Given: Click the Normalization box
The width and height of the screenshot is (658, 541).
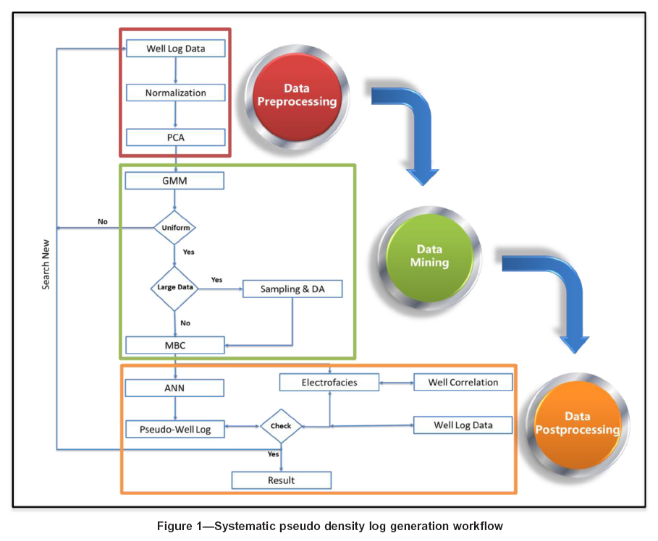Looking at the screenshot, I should (175, 93).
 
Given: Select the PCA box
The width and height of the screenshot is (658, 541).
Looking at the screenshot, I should (175, 137).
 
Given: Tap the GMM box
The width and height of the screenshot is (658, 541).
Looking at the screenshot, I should (175, 180).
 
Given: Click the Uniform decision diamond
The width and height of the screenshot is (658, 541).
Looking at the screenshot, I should (174, 227).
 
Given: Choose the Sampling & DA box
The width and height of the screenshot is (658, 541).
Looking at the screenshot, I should (291, 289).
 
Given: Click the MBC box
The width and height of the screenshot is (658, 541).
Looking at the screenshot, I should (175, 345).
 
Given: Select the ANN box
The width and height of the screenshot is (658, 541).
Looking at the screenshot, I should (175, 388).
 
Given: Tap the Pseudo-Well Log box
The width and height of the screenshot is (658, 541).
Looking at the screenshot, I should (175, 429).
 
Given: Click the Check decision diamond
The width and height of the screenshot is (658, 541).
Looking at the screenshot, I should (281, 426).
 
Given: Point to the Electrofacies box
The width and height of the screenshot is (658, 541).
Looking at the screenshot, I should (329, 382).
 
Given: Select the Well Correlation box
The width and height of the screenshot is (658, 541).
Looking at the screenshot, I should (463, 382).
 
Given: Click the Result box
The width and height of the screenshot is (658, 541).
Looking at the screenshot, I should (281, 480).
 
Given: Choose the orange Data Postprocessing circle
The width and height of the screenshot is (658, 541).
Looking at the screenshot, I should (577, 423).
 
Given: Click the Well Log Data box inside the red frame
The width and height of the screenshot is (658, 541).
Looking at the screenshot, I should (175, 48).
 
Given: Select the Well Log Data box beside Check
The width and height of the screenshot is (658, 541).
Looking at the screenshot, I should (463, 425).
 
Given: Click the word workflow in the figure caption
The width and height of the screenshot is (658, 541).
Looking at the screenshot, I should (476, 526).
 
